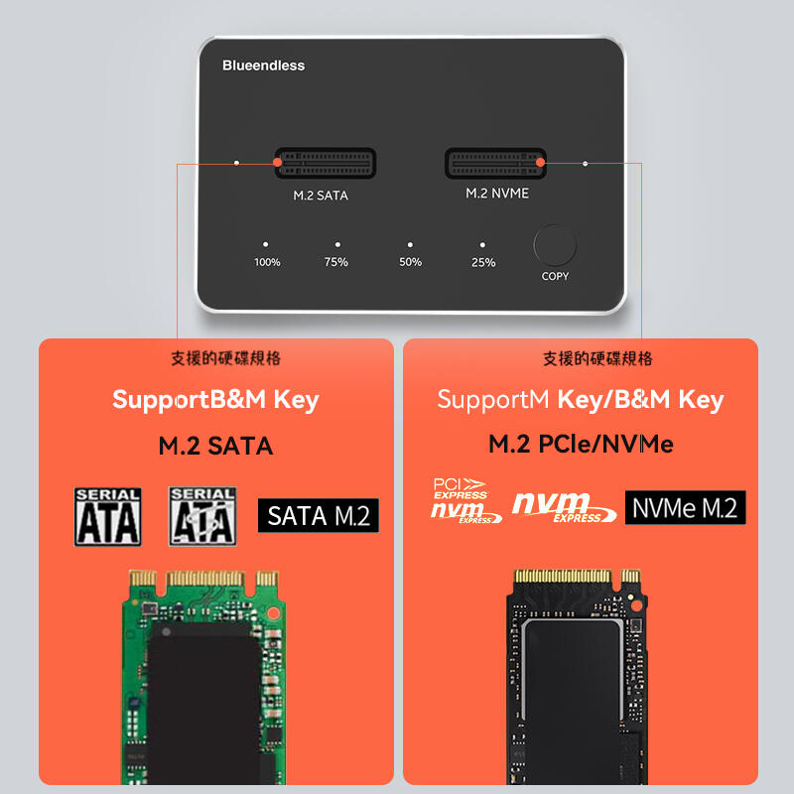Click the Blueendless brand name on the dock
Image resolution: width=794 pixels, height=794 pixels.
coord(263,66)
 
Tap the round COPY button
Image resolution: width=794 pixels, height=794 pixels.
coord(555,245)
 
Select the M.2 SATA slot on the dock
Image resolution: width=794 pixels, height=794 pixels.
coord(325,164)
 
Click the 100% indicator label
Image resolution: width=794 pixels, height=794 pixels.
coord(267,262)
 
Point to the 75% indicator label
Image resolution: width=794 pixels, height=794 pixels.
coord(336,262)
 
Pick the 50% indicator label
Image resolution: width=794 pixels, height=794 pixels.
coord(410,262)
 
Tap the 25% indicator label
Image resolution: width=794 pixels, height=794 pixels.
coord(483,262)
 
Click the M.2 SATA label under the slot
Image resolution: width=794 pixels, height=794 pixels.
coord(321,196)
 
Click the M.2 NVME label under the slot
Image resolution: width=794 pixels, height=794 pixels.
coord(497,194)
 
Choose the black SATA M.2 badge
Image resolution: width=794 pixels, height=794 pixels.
coord(319,515)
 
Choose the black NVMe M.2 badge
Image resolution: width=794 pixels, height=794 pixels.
coord(685,508)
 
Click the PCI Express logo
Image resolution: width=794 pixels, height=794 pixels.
coord(460,487)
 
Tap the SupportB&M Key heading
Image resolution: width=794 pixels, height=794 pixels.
coord(215,400)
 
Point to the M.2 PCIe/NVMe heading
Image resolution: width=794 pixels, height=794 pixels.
coord(581,445)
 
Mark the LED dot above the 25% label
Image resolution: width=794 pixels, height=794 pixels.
coord(482,243)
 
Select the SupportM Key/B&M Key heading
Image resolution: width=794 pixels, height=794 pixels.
coord(581,400)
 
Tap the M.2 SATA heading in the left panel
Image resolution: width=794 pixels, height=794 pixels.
coord(215,446)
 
